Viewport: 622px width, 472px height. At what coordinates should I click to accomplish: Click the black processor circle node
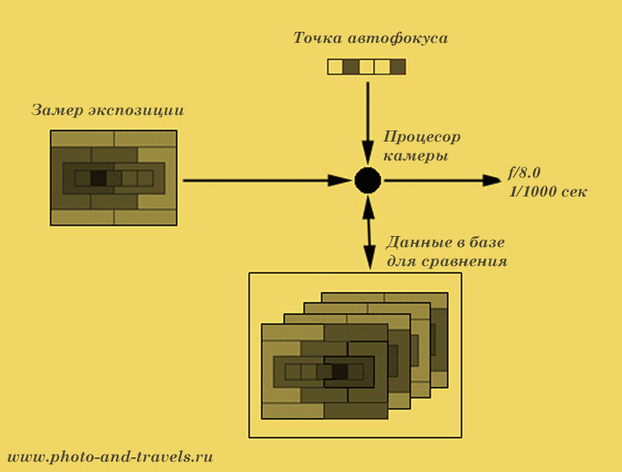click(368, 180)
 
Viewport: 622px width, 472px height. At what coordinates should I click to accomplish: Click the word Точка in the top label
click(317, 38)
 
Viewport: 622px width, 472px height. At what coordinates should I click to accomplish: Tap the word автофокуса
click(398, 39)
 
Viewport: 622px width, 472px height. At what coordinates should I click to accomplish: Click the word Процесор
click(422, 137)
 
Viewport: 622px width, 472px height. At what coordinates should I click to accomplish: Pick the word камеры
click(416, 156)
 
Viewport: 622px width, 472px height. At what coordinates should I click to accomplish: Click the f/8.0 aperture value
click(524, 173)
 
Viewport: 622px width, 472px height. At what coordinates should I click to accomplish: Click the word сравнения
click(464, 262)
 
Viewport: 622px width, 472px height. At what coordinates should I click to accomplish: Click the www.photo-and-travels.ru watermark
click(111, 457)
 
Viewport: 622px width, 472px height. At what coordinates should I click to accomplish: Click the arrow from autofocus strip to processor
click(368, 123)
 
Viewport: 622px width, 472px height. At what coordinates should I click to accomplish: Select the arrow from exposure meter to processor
click(268, 180)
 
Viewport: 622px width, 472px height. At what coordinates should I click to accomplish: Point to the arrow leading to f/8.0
click(443, 180)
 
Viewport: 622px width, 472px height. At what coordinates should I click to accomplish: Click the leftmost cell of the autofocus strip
click(335, 67)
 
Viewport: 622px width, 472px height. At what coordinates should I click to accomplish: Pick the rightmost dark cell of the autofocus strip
click(398, 67)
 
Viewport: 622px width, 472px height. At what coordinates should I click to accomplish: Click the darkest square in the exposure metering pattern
click(98, 179)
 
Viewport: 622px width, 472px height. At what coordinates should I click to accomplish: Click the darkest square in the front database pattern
click(340, 372)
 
